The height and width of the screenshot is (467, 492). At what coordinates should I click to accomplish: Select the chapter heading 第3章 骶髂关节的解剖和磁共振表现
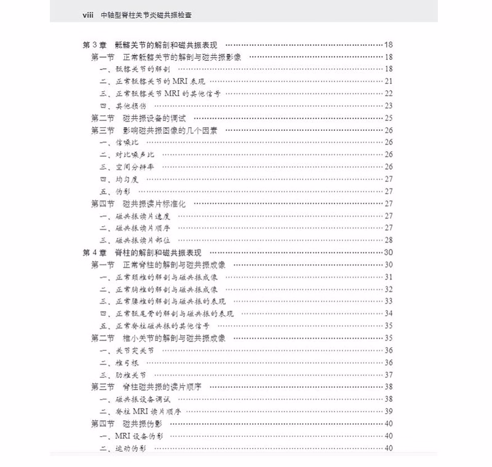pos(154,45)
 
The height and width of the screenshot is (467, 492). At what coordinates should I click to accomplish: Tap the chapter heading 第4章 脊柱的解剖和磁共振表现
pos(146,253)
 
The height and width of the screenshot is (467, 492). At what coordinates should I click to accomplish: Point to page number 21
pos(389,81)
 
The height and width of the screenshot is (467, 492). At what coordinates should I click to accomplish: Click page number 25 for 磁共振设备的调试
pos(389,118)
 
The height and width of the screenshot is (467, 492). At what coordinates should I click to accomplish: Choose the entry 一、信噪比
pos(115,143)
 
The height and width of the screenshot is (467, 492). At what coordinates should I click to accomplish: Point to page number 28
pos(389,240)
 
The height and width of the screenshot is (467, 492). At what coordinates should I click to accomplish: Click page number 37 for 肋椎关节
pos(389,375)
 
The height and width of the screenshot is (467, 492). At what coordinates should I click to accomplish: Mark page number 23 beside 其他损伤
pos(389,106)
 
